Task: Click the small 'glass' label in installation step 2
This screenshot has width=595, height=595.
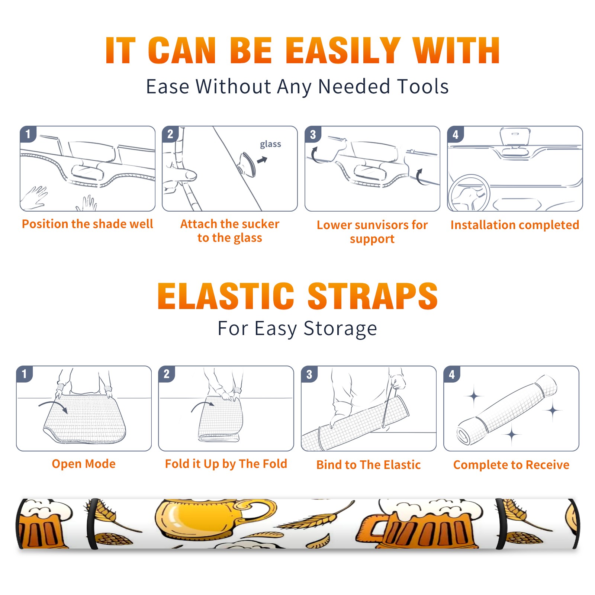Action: [x=270, y=144]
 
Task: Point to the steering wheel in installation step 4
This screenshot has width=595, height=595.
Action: [x=469, y=193]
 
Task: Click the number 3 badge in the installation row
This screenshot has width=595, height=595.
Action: [x=313, y=134]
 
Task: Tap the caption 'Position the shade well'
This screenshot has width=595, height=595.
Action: [x=87, y=224]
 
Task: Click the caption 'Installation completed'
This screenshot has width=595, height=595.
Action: [x=515, y=225]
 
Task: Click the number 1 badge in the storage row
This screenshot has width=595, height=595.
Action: [x=25, y=374]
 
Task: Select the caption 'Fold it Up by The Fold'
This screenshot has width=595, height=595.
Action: [x=226, y=464]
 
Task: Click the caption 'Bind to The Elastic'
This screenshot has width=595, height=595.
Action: [x=369, y=464]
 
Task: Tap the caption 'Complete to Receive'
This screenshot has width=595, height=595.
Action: [x=511, y=464]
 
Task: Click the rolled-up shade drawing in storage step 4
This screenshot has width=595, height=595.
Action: [x=507, y=410]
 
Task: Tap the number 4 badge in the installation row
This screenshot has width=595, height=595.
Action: [x=456, y=134]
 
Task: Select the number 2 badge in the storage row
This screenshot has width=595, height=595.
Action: [x=167, y=374]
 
